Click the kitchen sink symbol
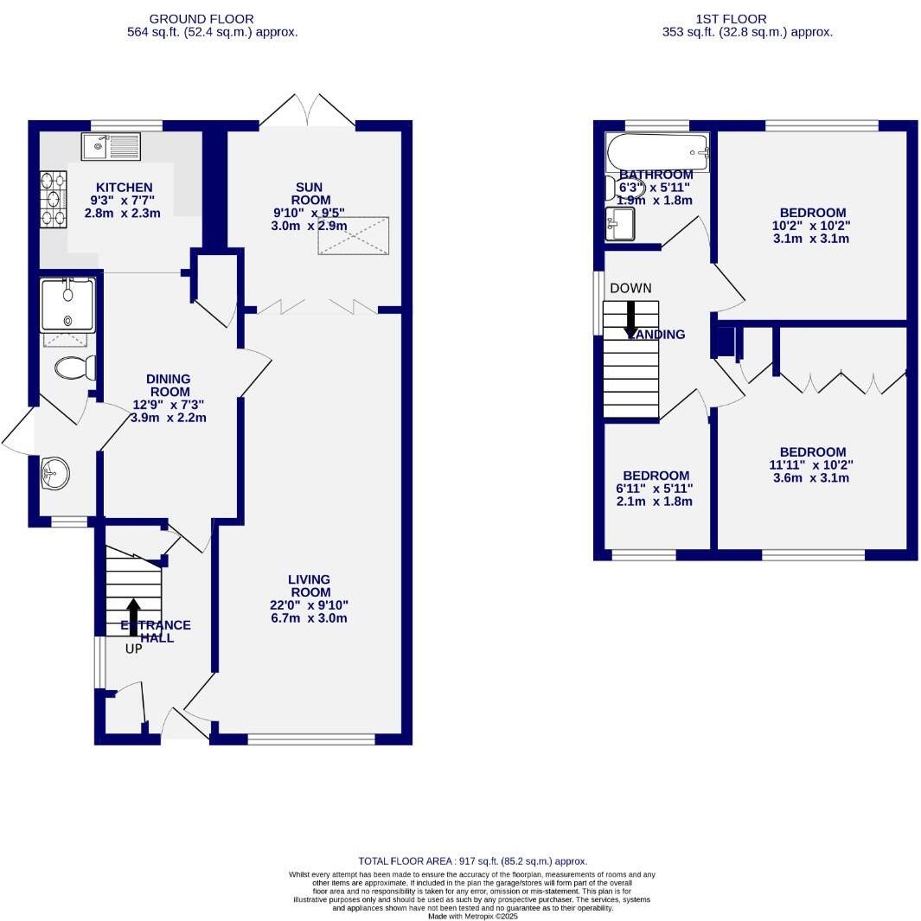(110, 147)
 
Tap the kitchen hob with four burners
(53, 200)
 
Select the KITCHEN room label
(124, 188)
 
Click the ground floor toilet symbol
(74, 368)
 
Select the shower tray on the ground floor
(67, 304)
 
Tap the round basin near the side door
(55, 473)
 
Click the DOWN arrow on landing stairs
(630, 317)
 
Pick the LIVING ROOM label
(309, 585)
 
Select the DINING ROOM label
(168, 385)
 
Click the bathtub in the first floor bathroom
(657, 152)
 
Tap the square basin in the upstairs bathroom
(619, 224)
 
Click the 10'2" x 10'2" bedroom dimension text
(812, 226)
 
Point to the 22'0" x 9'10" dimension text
(309, 605)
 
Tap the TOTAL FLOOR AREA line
(472, 861)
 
